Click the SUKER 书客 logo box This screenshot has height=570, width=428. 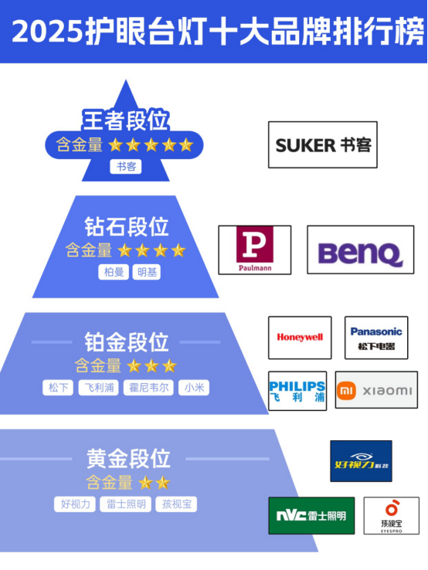pos(323,144)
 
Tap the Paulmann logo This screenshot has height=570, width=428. pos(254,249)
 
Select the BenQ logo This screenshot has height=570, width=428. pos(360,249)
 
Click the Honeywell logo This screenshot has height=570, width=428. pos(300,338)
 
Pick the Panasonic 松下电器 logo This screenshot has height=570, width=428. pos(376,338)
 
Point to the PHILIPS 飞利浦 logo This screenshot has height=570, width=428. pos(297,391)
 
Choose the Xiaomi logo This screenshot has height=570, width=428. pos(376,390)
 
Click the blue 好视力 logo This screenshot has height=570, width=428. pos(361,461)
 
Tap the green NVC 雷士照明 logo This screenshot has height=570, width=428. pos(311,515)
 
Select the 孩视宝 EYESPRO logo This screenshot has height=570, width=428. pos(391,515)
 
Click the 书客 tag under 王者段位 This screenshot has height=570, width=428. pos(126,167)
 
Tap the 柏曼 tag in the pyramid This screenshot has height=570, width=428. pos(114,272)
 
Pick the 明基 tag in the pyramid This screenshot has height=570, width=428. pos(147,272)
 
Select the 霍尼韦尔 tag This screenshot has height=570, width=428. pos(149,388)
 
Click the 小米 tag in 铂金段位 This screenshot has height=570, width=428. pos(194,388)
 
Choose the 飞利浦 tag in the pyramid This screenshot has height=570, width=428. pos(99,388)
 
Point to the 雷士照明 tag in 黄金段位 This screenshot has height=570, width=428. pos(126,504)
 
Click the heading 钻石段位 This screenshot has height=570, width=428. pos(126,227)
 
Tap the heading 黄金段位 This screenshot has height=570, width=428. pos(128,459)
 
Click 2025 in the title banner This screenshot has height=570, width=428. pos(47,32)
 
